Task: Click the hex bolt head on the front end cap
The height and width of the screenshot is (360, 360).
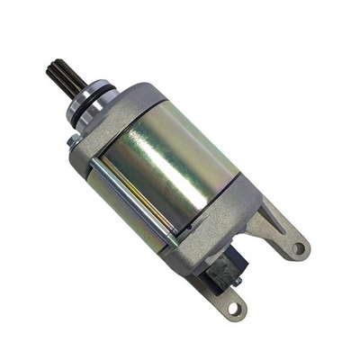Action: (x=72, y=141)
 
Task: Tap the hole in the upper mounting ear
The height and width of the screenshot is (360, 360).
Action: (x=298, y=248)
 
